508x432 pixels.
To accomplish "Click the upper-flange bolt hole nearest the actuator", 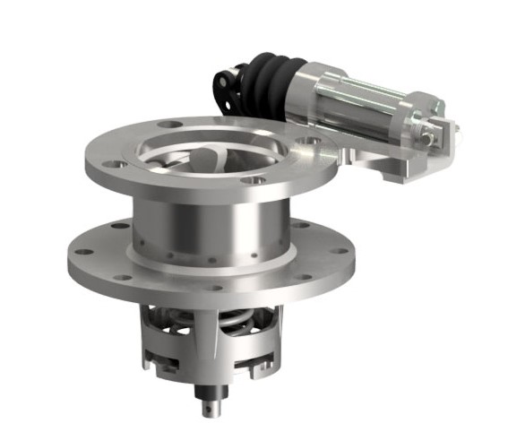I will tap(306, 141).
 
